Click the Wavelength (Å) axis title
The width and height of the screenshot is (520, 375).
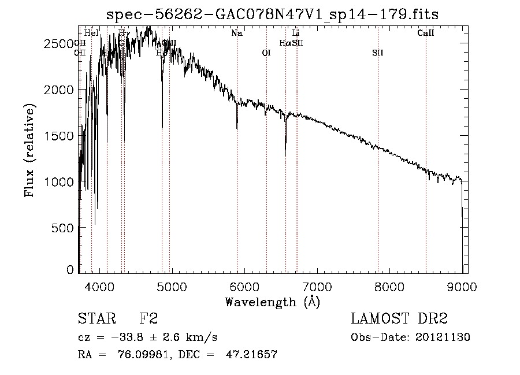coord(272,302)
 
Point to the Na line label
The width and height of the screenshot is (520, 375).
coord(237,34)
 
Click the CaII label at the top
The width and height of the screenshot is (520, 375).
coord(426,34)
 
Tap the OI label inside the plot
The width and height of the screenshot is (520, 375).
coord(266,53)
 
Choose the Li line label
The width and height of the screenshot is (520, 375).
coord(296,34)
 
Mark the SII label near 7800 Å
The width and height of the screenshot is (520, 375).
coord(378,53)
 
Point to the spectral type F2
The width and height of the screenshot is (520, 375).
coord(148,319)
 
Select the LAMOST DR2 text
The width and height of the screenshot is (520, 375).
coord(399,319)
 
